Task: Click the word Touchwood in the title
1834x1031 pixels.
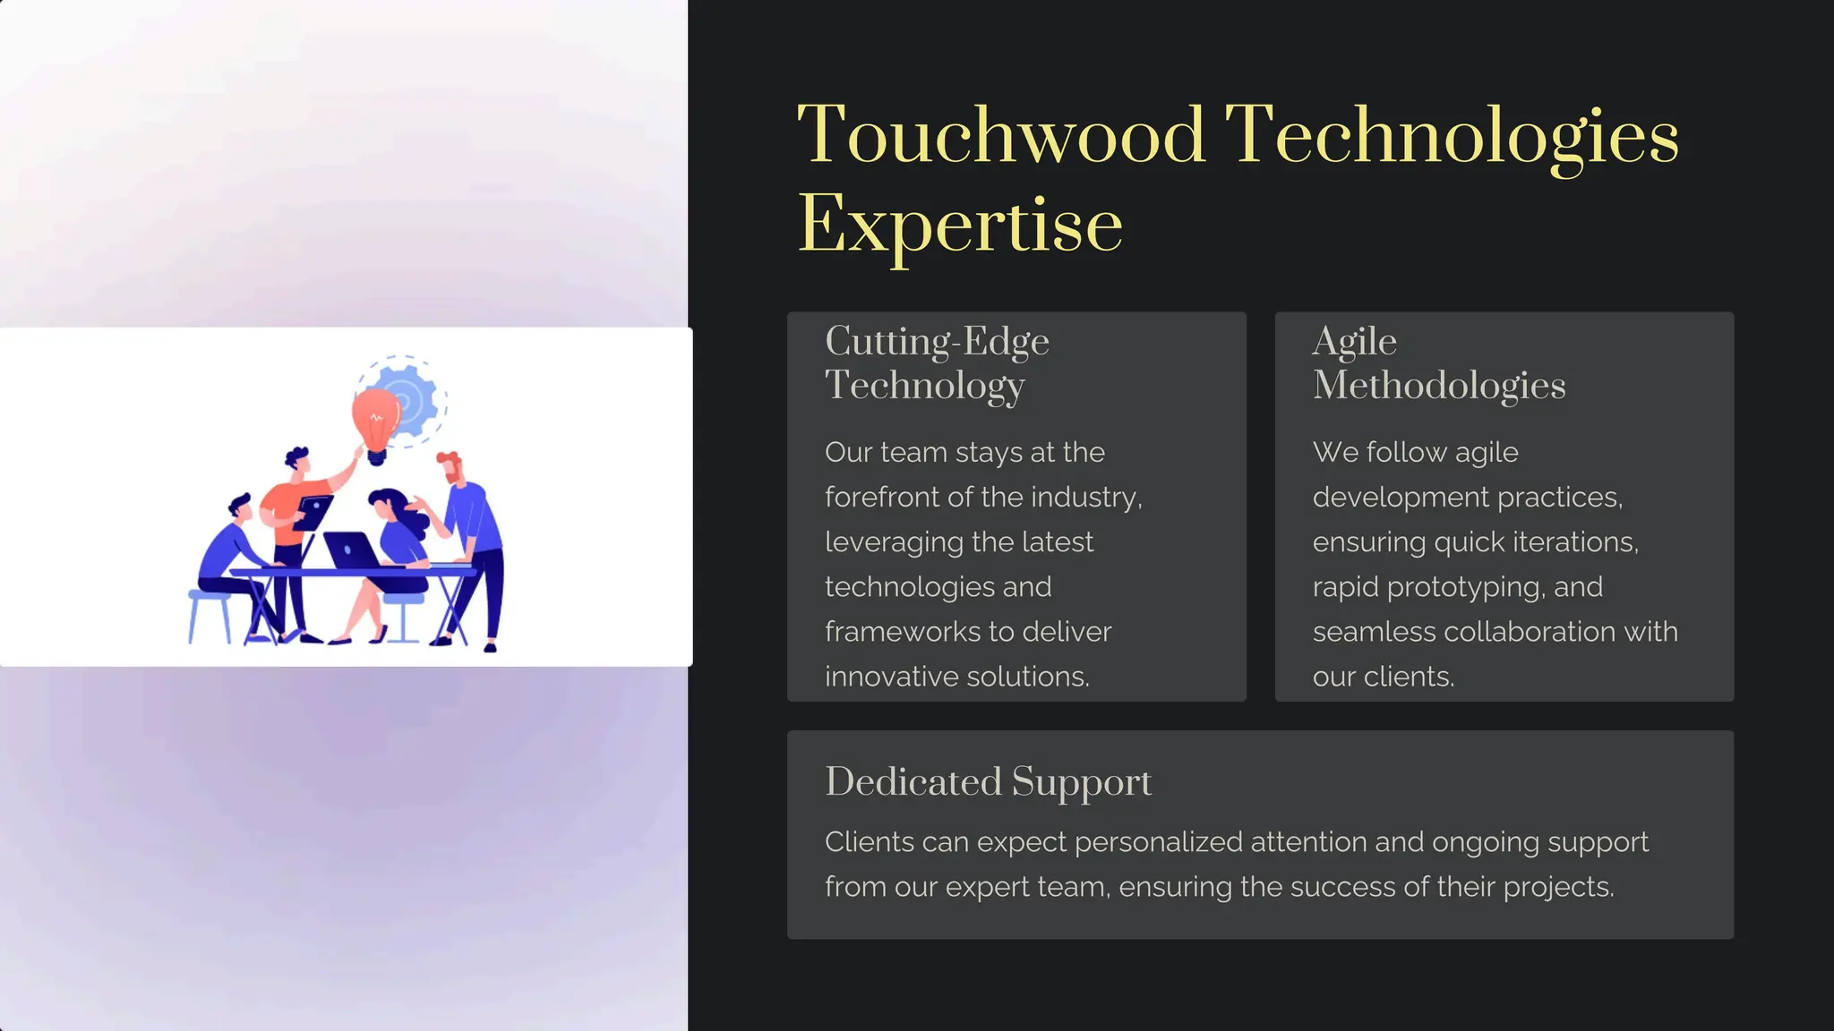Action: coord(1001,135)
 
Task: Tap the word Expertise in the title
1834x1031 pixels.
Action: coord(960,225)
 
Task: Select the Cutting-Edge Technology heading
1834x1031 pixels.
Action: coord(937,362)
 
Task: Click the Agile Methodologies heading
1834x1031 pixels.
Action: coord(1438,362)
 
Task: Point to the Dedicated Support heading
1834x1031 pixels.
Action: coord(988,781)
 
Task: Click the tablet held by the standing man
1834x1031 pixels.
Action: coord(313,512)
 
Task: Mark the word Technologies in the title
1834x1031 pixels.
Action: coord(1451,135)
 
